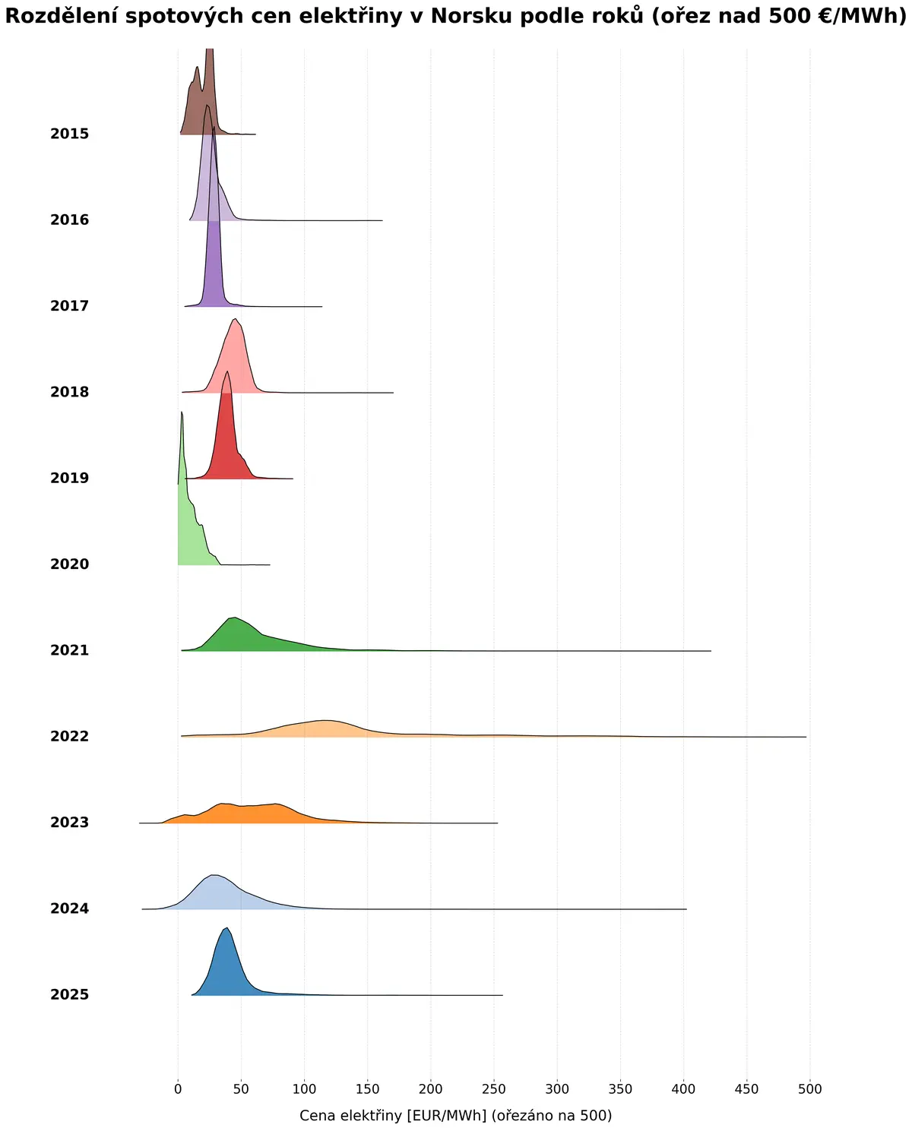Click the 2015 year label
[x=69, y=134]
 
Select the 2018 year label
[x=69, y=391]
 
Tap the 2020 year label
[x=69, y=564]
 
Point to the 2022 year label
[x=69, y=735]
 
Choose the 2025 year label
[x=69, y=994]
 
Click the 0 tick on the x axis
[x=178, y=1089]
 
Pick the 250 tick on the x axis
[x=494, y=1089]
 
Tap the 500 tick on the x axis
[x=809, y=1089]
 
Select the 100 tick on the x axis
[x=304, y=1089]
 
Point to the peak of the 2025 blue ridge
[x=226, y=927]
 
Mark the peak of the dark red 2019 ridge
[x=226, y=371]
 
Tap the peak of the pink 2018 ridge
[x=235, y=319]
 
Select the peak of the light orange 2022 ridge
[x=326, y=720]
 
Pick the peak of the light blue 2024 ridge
[x=214, y=875]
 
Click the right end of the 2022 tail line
[x=806, y=737]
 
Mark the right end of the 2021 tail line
[x=711, y=651]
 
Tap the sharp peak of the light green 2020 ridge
[x=182, y=412]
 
